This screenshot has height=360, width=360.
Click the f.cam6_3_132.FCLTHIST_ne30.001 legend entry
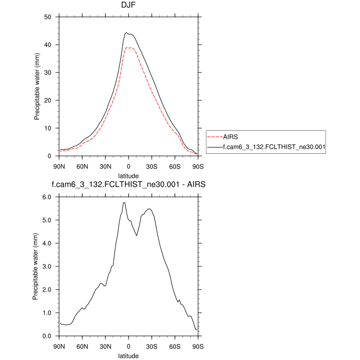pos(273,147)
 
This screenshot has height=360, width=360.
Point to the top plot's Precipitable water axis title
pos(38,86)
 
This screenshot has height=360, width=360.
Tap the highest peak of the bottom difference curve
pos(124,203)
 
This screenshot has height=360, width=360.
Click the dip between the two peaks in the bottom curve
pos(137,236)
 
